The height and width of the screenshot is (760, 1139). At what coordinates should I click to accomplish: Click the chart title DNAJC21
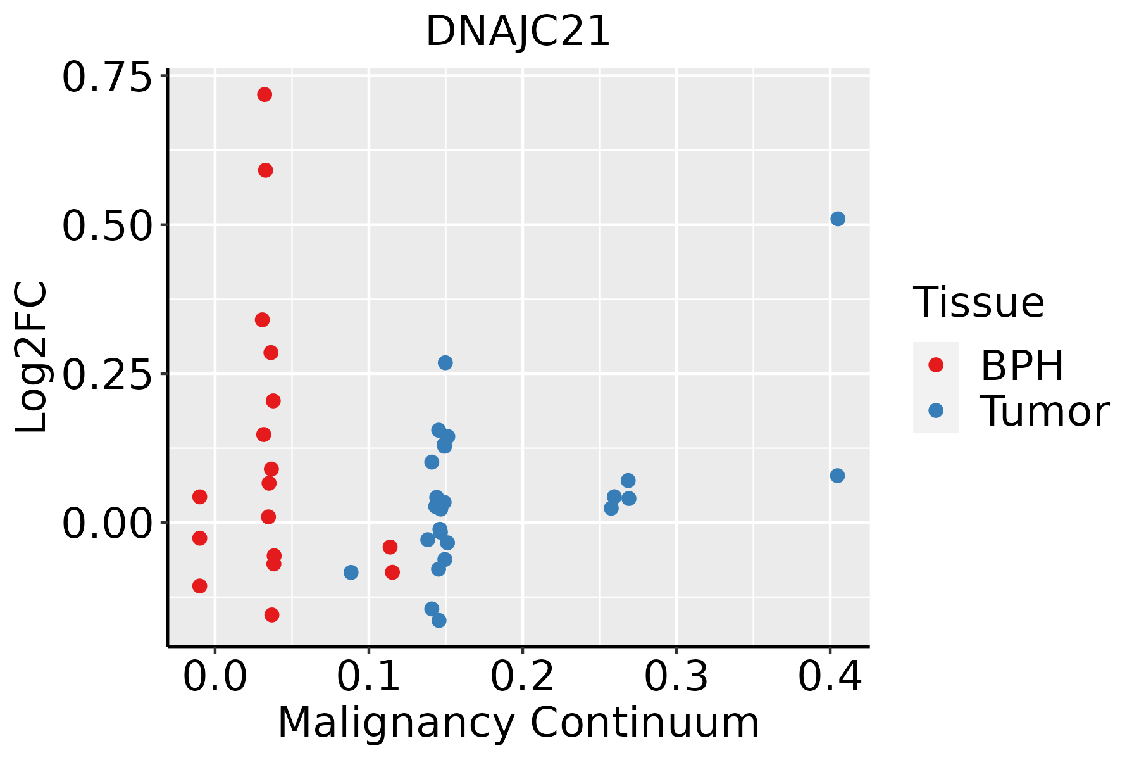(518, 32)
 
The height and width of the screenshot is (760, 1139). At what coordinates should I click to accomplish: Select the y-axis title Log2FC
(32, 357)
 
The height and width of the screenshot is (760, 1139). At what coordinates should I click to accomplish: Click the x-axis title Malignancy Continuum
(518, 723)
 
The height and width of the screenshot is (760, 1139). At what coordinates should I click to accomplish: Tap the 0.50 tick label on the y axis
(108, 227)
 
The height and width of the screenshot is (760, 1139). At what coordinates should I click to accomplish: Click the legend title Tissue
(978, 303)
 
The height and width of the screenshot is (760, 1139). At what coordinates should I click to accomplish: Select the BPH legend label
(1022, 365)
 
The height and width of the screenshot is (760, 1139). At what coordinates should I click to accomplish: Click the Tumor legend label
(1044, 412)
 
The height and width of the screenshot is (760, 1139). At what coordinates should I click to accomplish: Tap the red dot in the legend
(935, 365)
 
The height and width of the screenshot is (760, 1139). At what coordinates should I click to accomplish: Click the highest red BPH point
(265, 95)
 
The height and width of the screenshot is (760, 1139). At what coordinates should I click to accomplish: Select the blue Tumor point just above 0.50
(838, 219)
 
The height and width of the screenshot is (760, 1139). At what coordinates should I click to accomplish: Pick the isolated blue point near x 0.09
(351, 573)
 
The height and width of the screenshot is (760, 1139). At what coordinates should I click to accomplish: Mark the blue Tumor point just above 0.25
(445, 363)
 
